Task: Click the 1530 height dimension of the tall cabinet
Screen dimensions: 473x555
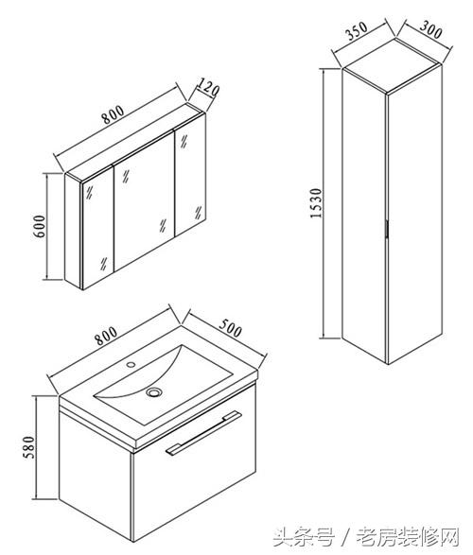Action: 316,203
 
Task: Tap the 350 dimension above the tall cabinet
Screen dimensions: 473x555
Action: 357,31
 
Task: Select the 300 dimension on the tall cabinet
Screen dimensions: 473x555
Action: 430,29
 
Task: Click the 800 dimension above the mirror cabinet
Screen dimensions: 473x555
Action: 113,114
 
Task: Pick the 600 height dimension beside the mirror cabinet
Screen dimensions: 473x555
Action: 40,226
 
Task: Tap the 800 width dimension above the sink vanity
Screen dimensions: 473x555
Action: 106,335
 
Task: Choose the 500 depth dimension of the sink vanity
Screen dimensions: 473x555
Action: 231,328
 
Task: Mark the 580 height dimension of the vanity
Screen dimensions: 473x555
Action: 29,447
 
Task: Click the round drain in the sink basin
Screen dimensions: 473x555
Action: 154,391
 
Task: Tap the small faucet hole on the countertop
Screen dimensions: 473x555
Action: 131,363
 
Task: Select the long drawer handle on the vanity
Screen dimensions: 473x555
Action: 203,432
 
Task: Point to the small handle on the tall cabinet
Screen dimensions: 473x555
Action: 387,229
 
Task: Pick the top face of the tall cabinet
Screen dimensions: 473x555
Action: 393,66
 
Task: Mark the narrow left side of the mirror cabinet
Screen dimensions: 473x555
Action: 74,231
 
